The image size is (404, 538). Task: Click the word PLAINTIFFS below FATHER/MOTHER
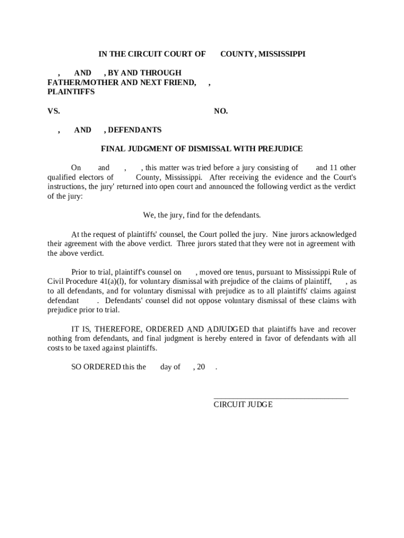(71, 92)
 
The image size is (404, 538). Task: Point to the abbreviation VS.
(54, 111)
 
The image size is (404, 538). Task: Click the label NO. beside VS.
(221, 111)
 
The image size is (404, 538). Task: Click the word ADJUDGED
(228, 329)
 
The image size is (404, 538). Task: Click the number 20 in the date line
(200, 367)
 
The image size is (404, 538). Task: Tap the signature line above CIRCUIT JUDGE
(281, 398)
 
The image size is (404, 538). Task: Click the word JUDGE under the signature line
(259, 405)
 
